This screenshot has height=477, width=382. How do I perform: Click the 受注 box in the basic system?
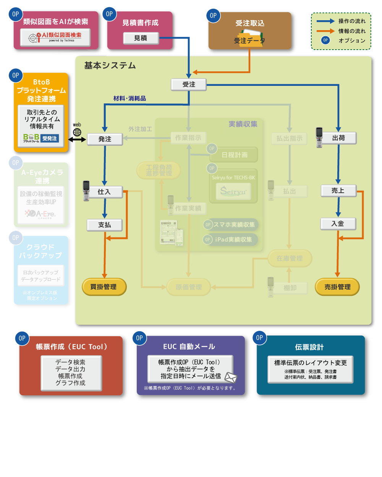(x=189, y=84)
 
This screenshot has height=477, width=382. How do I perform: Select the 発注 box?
(x=105, y=139)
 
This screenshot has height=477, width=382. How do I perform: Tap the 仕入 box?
(x=104, y=192)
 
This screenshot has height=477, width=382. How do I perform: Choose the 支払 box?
(x=104, y=225)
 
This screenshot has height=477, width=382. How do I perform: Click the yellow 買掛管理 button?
(x=104, y=287)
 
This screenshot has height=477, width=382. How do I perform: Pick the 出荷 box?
(x=338, y=138)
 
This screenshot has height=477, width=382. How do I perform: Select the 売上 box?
(x=338, y=191)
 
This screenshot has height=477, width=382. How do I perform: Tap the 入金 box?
(x=338, y=224)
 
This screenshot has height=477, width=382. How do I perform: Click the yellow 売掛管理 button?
(x=337, y=287)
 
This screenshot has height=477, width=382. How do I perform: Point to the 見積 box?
(x=140, y=38)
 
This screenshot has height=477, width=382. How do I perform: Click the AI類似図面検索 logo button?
(x=56, y=37)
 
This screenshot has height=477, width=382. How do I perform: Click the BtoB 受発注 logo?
(x=41, y=138)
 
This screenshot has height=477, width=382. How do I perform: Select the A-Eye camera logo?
(x=41, y=214)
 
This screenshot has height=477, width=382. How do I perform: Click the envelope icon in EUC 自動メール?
(x=231, y=377)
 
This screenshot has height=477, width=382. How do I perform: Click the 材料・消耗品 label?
(x=129, y=98)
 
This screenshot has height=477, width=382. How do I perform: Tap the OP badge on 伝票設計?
(x=259, y=338)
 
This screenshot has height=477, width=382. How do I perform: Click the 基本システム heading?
(x=110, y=66)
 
